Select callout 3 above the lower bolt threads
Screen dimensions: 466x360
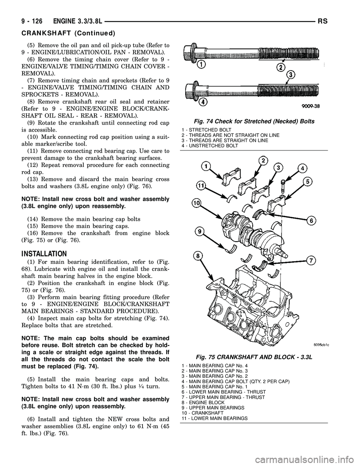point(291,74)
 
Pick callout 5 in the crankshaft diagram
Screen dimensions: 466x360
point(307,182)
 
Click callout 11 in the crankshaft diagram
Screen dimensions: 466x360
point(201,185)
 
